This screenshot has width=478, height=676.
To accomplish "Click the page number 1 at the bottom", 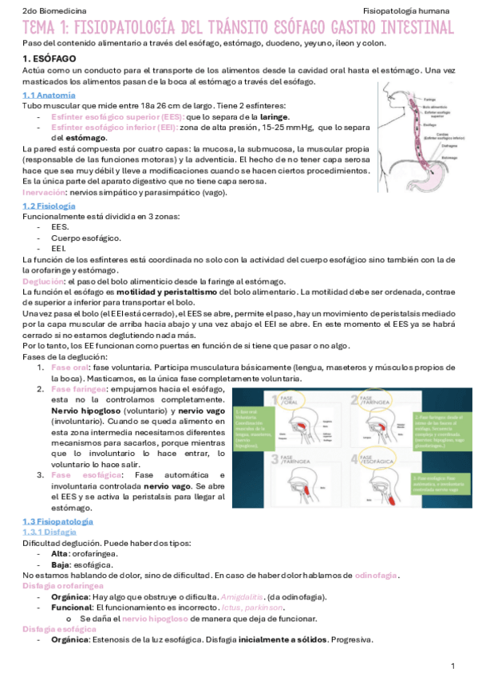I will tap(452, 665).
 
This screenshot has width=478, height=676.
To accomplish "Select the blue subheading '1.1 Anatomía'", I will tap(49, 96).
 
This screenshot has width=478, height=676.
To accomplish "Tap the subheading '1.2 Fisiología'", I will tap(49, 206).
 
